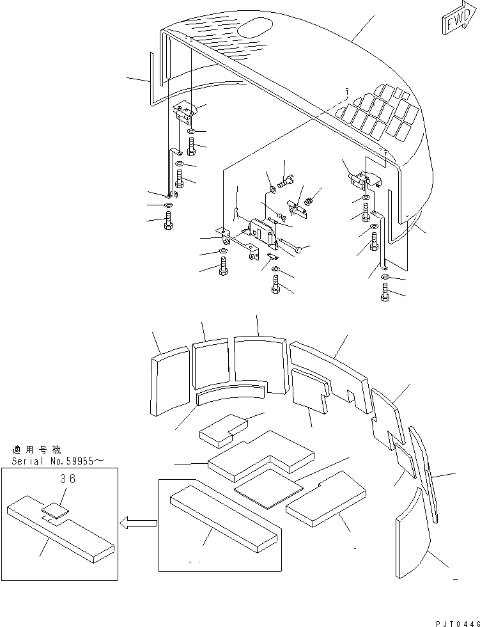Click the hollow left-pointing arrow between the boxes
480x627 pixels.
click(x=138, y=523)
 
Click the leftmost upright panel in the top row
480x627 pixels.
click(x=170, y=381)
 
